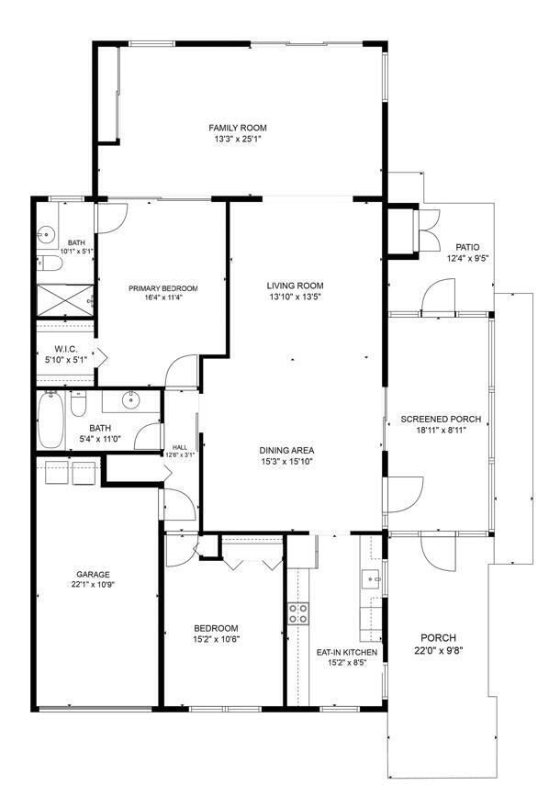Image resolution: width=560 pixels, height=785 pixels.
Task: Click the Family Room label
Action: (x=238, y=128)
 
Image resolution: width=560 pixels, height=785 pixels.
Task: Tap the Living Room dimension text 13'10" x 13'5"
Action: (x=295, y=297)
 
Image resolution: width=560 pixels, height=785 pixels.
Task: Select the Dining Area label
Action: (x=286, y=450)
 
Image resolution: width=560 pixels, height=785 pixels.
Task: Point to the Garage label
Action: (x=93, y=574)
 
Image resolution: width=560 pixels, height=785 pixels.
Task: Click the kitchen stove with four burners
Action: (x=298, y=614)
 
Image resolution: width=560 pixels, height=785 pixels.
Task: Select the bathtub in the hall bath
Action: (x=51, y=420)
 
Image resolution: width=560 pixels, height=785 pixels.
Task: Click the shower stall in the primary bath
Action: (x=65, y=300)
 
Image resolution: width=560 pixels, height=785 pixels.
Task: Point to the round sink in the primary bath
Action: (x=48, y=234)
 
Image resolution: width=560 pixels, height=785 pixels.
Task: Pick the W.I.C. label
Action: (x=65, y=350)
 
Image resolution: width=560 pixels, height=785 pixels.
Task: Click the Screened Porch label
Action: (x=441, y=419)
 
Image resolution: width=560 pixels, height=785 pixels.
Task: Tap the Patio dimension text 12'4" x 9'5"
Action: (x=467, y=258)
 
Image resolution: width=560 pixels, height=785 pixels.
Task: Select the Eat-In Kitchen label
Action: (x=347, y=653)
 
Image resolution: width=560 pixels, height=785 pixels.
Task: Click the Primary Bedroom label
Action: (x=163, y=288)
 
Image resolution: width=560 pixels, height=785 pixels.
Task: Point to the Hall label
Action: (x=180, y=447)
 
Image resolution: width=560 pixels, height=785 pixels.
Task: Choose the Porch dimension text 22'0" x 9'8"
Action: (x=439, y=651)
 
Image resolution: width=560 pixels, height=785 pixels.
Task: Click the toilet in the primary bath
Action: (x=49, y=263)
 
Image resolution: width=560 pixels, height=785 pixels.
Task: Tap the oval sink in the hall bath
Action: (x=131, y=400)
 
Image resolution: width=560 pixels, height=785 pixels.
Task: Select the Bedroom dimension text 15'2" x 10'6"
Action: (x=216, y=639)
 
